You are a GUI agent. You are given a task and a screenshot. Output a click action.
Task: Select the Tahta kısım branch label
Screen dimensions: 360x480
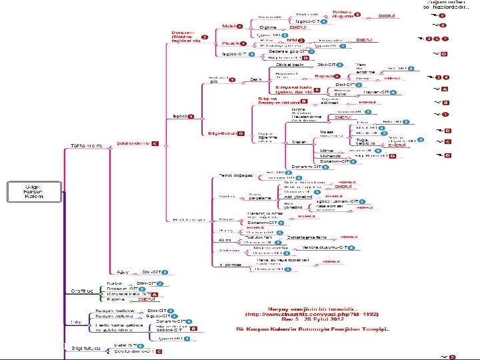86,146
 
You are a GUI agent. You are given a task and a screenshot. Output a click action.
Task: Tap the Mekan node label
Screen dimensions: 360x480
299,141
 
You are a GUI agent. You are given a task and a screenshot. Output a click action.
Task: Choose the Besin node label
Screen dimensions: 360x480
255,79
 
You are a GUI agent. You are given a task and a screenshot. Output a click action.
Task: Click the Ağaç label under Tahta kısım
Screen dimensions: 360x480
121,272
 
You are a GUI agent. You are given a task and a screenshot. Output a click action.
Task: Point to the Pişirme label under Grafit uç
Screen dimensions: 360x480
117,300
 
